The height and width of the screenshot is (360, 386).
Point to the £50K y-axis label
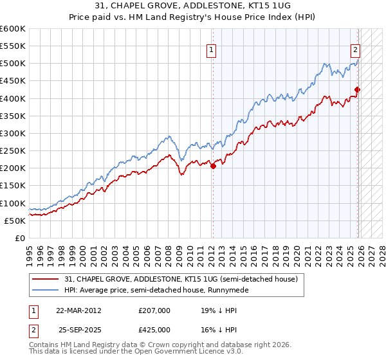[15, 221]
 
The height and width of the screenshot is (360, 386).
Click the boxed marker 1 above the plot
[212, 48]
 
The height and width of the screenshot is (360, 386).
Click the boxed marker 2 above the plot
[355, 48]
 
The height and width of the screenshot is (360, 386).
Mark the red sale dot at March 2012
[213, 166]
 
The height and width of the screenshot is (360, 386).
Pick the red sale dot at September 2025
[358, 90]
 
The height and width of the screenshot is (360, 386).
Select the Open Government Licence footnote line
[136, 353]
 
